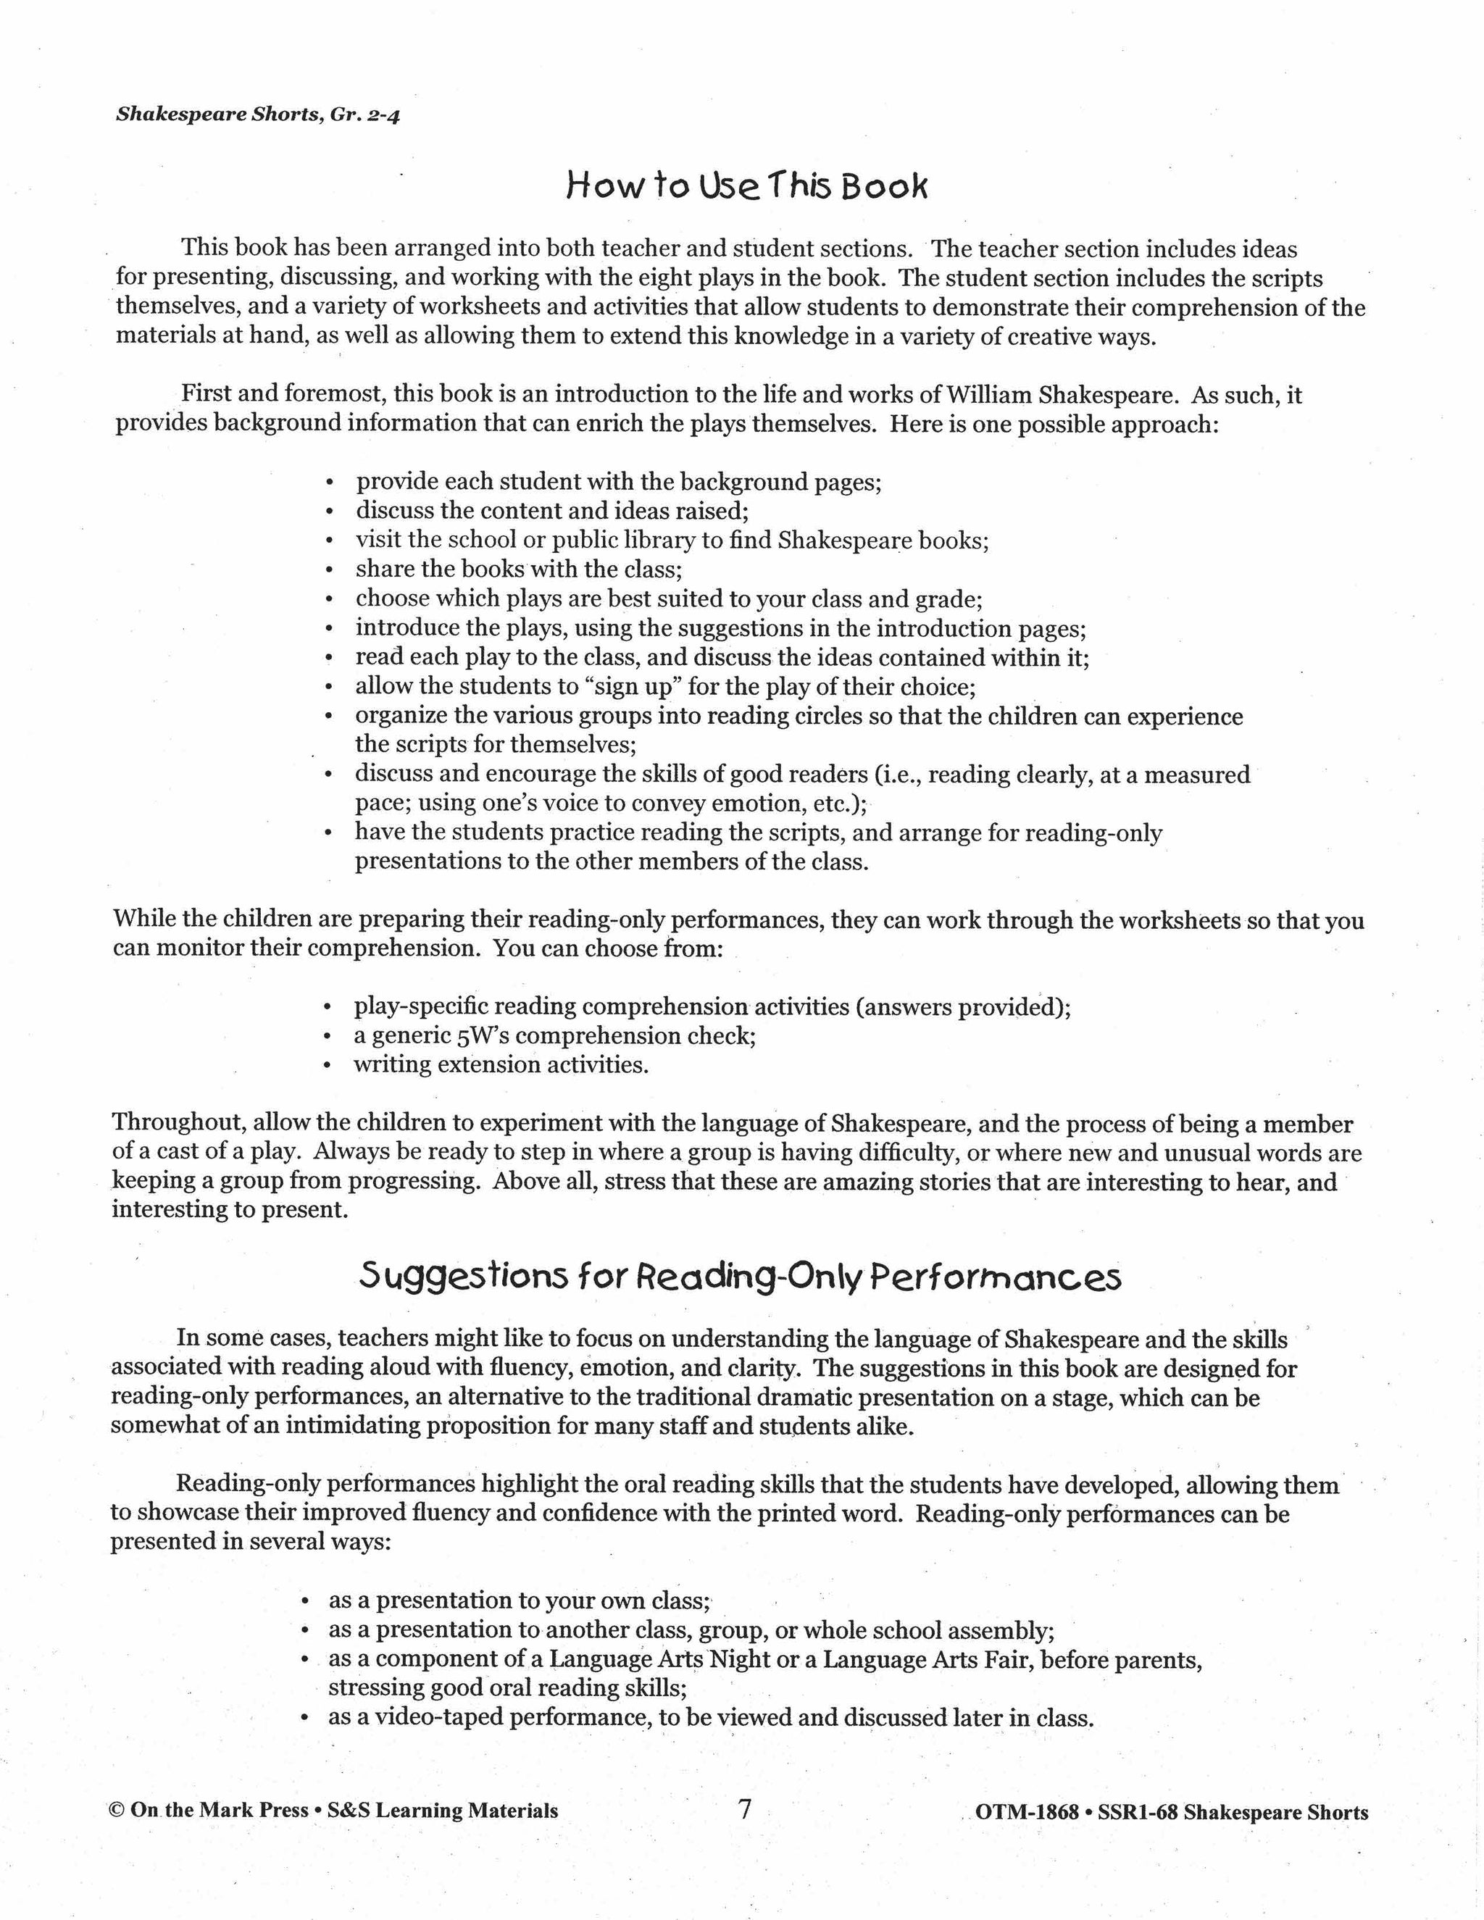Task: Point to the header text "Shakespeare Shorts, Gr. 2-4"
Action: (x=257, y=115)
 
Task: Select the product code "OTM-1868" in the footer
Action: (x=1027, y=1813)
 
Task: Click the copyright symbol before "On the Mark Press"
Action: (x=116, y=1811)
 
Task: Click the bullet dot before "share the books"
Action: (x=329, y=570)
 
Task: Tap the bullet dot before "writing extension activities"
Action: (x=327, y=1067)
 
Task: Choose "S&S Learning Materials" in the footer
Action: (x=442, y=1811)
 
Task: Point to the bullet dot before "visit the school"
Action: (x=329, y=541)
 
